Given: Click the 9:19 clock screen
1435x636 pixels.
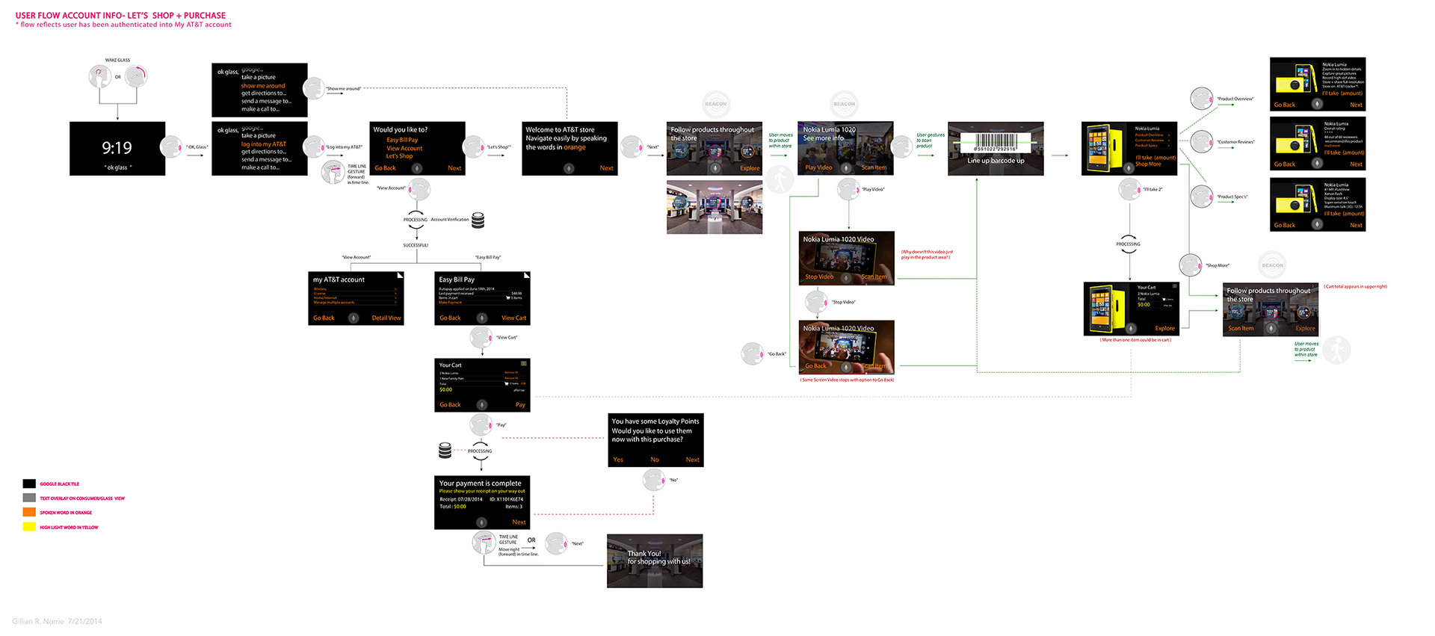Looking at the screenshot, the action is coord(117,149).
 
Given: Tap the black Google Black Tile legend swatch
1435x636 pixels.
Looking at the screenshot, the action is coord(29,484).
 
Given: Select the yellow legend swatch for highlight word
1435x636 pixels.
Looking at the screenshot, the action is coord(29,527).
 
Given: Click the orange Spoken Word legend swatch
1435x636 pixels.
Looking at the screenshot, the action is coord(29,512).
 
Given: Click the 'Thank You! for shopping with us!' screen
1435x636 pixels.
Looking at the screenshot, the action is coord(655,561).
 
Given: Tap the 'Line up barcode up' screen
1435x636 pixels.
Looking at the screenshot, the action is coord(996,149).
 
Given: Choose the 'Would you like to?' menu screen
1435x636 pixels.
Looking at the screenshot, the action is coord(418,149).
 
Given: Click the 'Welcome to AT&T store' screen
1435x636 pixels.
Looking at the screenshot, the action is coord(570,149).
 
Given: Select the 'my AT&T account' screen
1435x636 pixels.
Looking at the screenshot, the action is coord(356,298).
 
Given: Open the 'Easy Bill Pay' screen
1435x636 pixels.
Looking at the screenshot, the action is coord(482,298).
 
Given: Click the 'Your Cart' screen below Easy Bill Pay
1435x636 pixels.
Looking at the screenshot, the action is coord(482,385).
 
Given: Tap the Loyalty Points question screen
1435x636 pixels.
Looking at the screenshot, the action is coord(655,440).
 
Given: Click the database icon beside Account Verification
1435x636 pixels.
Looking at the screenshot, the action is coord(478,220).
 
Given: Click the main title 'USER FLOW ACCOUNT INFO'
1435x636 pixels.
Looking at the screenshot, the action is coord(120,15).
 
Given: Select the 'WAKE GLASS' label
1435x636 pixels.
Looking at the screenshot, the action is coord(117,60).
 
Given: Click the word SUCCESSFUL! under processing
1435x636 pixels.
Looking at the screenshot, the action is coord(416,245).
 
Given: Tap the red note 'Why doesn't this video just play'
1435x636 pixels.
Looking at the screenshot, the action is coord(927,255).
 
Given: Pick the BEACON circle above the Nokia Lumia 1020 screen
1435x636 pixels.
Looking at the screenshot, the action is coord(844,104).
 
